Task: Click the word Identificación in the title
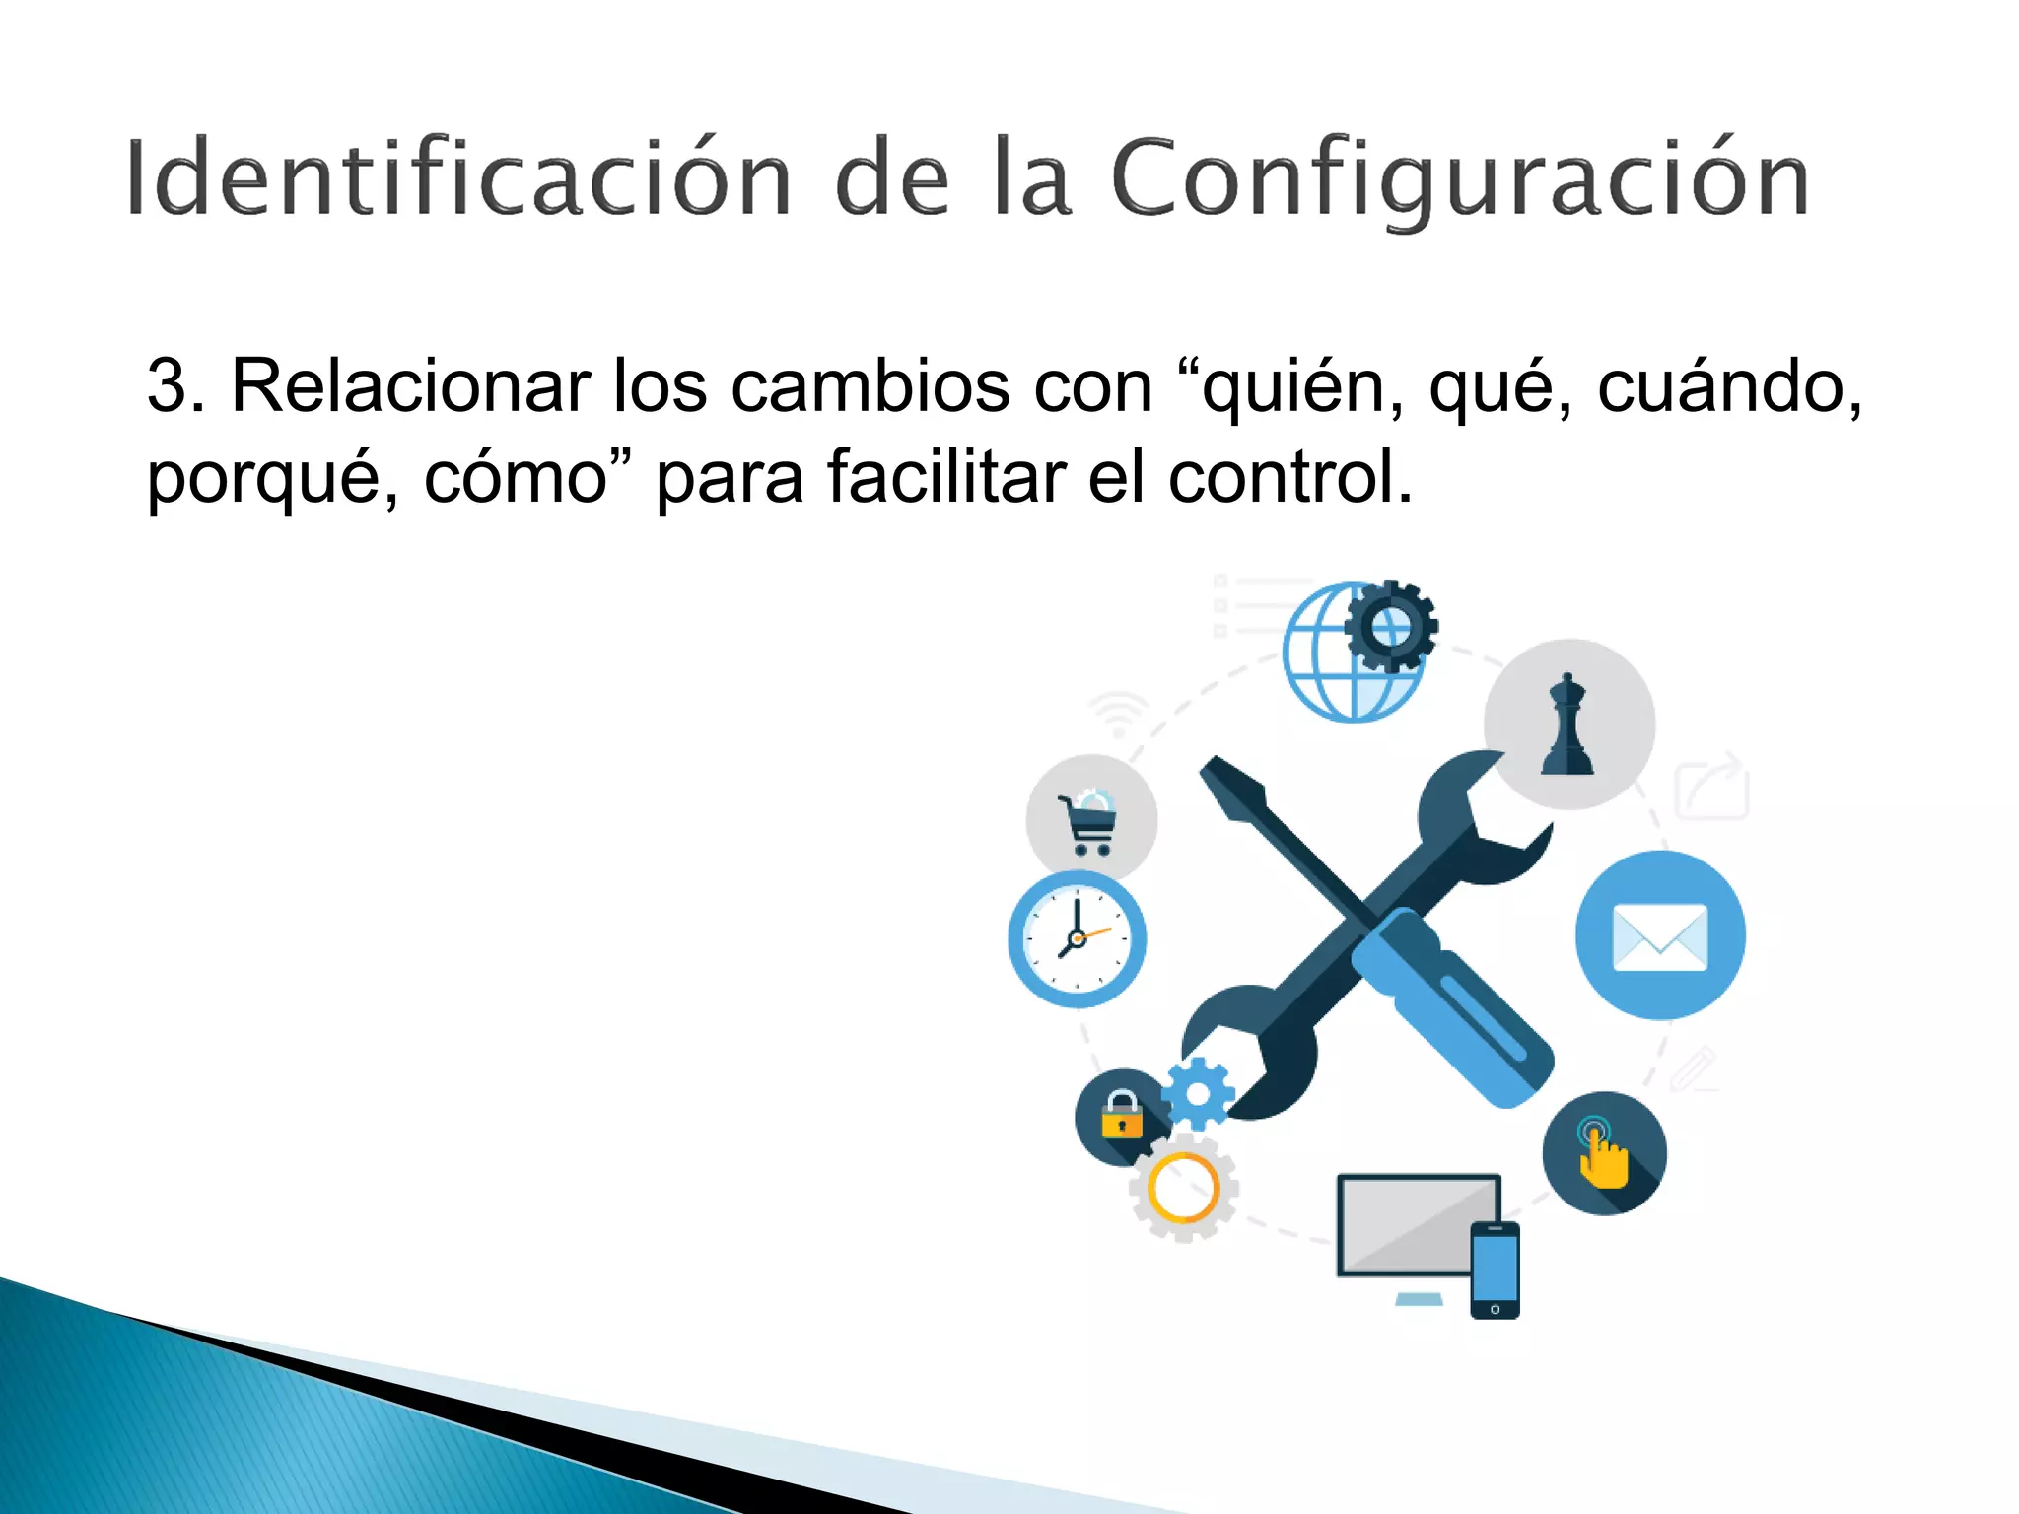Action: point(458,177)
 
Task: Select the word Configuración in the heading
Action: point(1459,179)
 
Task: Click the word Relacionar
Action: point(410,386)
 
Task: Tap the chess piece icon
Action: point(1567,726)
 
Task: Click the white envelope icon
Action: point(1660,936)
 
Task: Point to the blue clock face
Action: point(1077,938)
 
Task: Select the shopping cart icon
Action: point(1090,822)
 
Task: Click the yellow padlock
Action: point(1121,1115)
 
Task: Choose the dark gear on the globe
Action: point(1391,626)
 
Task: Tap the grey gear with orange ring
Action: point(1183,1188)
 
